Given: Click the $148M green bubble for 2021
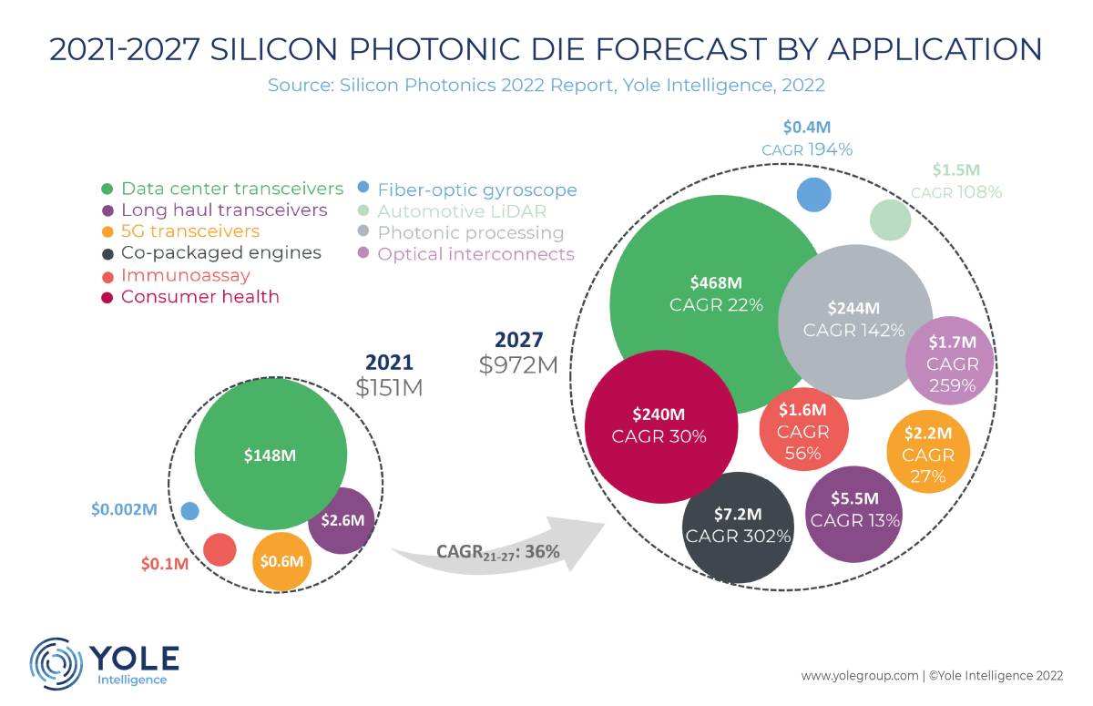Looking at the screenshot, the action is tap(271, 454).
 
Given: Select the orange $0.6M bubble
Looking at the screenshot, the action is tap(281, 561).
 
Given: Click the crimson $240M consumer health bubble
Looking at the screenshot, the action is tap(661, 426).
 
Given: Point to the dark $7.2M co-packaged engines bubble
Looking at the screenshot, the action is tap(738, 527).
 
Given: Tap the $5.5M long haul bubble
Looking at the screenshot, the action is tap(854, 515).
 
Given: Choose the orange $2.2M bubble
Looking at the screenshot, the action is tap(928, 451).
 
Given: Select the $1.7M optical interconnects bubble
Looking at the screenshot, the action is tap(950, 360).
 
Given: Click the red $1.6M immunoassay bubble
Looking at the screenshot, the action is tap(803, 429).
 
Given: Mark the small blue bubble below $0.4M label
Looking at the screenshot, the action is tap(814, 195).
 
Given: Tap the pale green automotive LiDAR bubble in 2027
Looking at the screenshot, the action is tap(891, 220).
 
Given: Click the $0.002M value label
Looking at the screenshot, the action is tap(124, 509).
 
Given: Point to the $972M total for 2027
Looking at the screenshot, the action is tap(518, 365).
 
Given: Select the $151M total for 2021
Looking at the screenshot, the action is tap(389, 388).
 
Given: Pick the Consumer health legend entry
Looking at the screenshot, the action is tap(190, 297).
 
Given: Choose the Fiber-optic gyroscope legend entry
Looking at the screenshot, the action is tap(467, 189).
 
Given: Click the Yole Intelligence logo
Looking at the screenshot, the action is tap(105, 663).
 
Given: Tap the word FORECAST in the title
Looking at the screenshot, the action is tap(680, 49).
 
